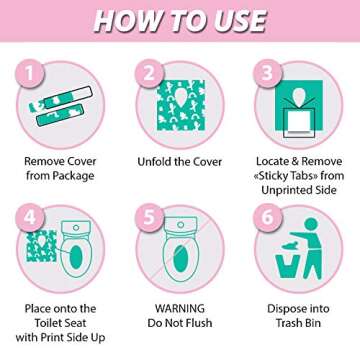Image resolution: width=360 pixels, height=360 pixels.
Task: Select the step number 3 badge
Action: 267,74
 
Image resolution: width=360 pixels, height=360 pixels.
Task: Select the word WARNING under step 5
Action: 180,309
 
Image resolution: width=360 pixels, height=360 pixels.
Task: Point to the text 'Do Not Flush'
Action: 180,324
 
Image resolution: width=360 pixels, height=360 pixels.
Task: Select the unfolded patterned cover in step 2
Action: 180,105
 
